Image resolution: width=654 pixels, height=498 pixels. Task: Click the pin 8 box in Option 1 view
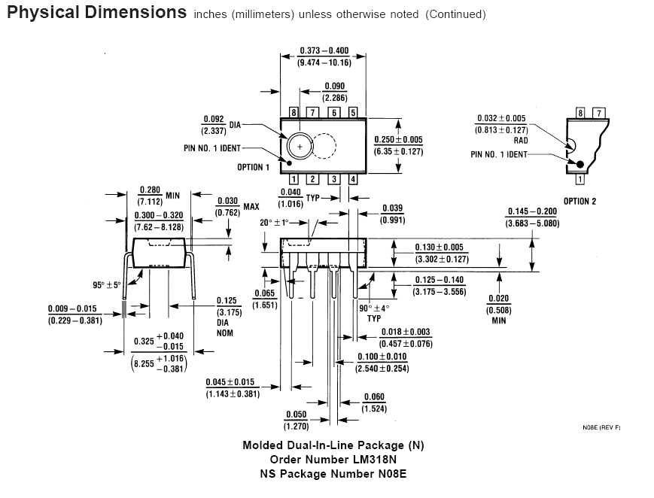[x=294, y=112]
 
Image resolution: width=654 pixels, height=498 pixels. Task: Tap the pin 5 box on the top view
[x=353, y=112]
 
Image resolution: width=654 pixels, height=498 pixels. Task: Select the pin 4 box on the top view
[x=353, y=179]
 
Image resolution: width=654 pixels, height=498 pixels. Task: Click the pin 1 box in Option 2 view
[x=580, y=180]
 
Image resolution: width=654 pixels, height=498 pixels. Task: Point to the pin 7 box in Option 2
[x=598, y=113]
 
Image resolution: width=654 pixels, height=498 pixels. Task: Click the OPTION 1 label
[x=253, y=167]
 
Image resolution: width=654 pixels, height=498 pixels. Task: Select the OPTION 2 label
[x=579, y=202]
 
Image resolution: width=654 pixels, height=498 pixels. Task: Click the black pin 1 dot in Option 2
[x=579, y=164]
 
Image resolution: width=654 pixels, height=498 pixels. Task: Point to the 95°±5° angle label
[x=107, y=285]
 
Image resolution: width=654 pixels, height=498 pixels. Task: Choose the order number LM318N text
[x=333, y=459]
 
